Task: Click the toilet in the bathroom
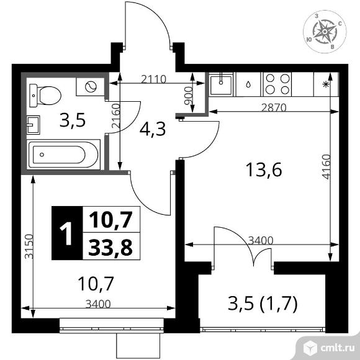tap(45, 96)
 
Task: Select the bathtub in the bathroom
tap(63, 155)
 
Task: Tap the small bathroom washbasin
tap(34, 125)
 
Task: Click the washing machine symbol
tap(90, 87)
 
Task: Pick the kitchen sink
tap(221, 84)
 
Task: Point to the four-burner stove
tap(277, 84)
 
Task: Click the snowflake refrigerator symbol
tap(325, 84)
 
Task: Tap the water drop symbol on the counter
tap(248, 84)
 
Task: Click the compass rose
tap(325, 32)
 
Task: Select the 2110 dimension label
tap(153, 79)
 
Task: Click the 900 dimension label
tap(188, 96)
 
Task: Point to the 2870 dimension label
tap(274, 107)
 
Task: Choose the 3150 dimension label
tap(29, 246)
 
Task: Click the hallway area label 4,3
tap(153, 129)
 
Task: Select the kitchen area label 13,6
tap(264, 169)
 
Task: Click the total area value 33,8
tap(110, 247)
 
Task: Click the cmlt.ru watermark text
tap(337, 348)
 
